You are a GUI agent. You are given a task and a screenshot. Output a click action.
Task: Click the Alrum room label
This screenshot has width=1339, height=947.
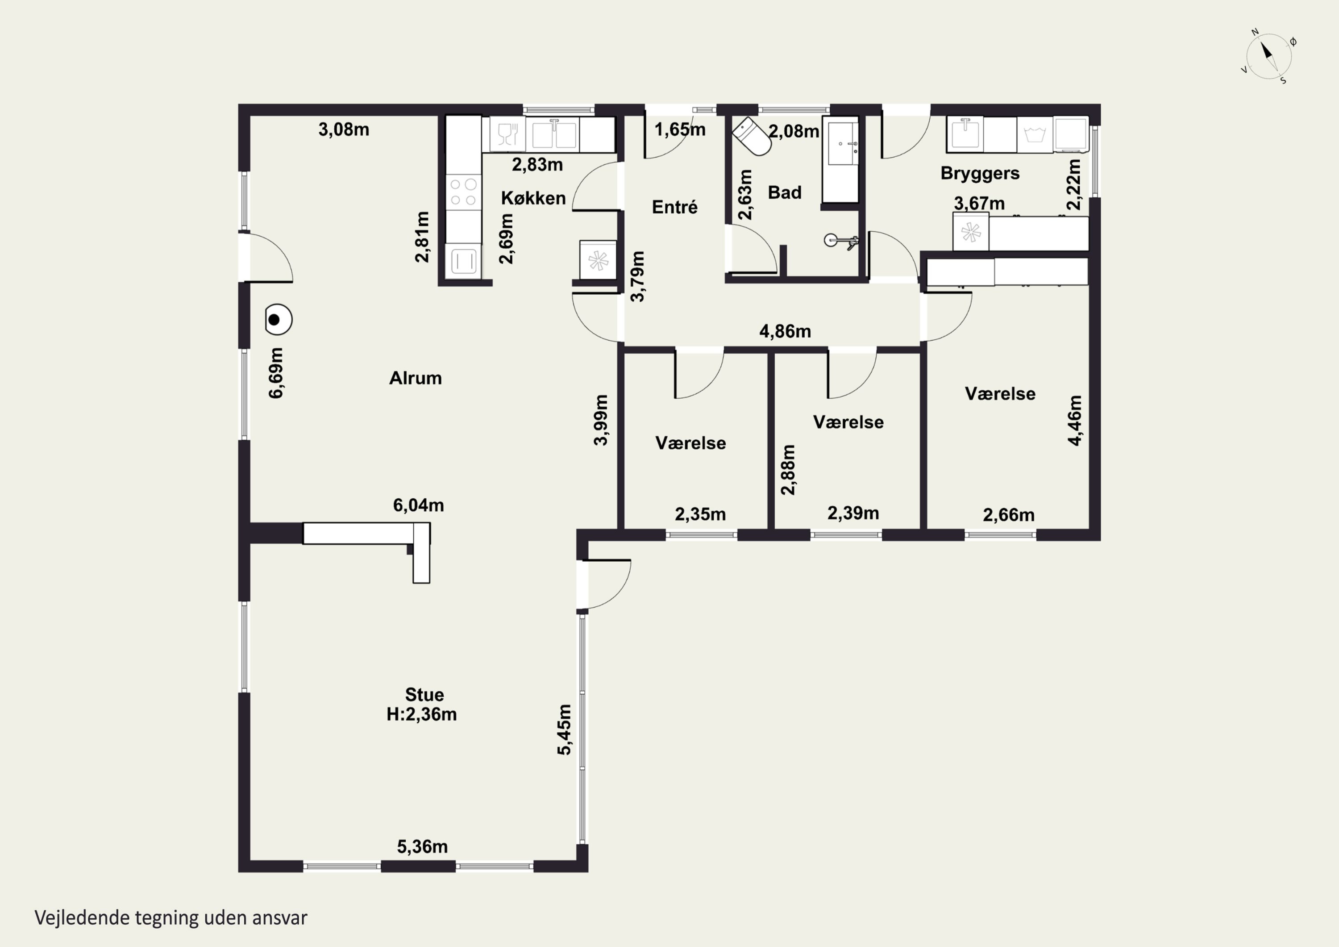tap(415, 378)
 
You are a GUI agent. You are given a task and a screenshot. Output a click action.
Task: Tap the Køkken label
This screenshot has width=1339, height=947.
tap(533, 198)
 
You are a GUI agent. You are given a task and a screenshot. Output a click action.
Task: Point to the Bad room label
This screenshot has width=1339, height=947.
tap(784, 192)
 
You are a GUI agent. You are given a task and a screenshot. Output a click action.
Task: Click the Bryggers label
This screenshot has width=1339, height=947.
tap(980, 174)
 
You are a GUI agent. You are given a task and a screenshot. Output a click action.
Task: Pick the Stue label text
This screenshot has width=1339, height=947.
tap(424, 694)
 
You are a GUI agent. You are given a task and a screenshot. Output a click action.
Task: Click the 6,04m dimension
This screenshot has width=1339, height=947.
tap(418, 505)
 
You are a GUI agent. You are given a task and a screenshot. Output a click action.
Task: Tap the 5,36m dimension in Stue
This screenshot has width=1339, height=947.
tap(422, 847)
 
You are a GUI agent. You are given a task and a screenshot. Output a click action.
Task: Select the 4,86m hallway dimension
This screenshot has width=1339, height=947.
tap(785, 331)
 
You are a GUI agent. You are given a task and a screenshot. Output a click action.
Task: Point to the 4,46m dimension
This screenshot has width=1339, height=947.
tap(1075, 421)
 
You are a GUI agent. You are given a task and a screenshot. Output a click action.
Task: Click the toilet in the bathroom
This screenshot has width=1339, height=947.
tap(753, 137)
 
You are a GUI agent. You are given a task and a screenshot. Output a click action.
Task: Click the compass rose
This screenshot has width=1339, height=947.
tap(1269, 57)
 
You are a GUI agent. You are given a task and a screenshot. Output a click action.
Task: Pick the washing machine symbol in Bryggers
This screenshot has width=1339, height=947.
tap(1035, 135)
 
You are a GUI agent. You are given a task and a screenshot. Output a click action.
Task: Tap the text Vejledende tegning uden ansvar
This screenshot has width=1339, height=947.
tap(171, 918)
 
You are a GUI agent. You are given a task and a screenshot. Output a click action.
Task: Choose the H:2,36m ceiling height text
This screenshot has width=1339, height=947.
tap(422, 714)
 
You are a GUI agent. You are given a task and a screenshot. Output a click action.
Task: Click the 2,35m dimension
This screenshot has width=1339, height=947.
tap(700, 515)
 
